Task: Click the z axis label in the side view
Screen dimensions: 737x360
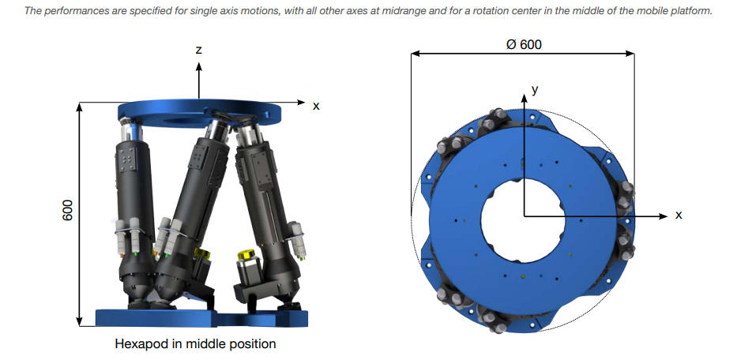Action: [x=199, y=50]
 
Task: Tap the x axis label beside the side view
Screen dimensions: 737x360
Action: [x=316, y=107]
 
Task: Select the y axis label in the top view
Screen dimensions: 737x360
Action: [x=535, y=89]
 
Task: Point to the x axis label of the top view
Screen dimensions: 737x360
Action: [x=679, y=216]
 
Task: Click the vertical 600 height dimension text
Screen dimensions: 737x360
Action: [x=68, y=210]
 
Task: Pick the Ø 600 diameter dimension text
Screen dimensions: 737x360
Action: [x=524, y=45]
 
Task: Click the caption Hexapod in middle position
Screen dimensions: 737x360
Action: [x=195, y=344]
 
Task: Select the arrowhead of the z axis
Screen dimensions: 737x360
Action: [x=199, y=66]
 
